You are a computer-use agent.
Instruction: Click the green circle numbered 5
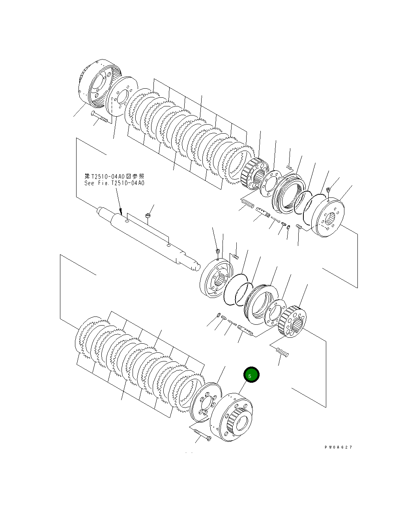[x=251, y=375]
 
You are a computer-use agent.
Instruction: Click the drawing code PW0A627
[x=338, y=447]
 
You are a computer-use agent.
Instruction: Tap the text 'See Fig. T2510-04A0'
[x=114, y=183]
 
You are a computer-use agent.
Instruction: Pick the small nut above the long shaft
[x=147, y=216]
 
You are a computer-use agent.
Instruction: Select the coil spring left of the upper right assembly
[x=247, y=204]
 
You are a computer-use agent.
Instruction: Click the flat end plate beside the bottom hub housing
[x=204, y=402]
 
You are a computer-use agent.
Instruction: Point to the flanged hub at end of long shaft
[x=216, y=278]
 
